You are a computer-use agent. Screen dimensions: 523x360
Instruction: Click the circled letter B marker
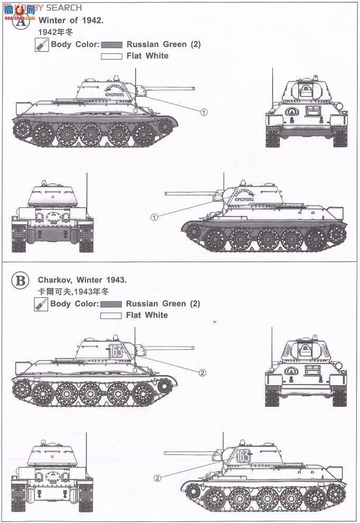(21, 281)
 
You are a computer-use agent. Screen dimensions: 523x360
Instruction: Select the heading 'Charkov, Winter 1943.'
(82, 280)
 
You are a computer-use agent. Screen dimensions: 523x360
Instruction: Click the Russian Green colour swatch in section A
(111, 45)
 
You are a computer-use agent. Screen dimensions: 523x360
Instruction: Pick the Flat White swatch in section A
(111, 56)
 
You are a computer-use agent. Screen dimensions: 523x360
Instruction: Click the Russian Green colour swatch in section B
(111, 304)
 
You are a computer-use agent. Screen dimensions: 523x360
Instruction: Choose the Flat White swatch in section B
(111, 315)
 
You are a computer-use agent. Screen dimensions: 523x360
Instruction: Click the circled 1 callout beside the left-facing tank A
(155, 217)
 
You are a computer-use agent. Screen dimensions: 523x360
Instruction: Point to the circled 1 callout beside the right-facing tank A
(204, 112)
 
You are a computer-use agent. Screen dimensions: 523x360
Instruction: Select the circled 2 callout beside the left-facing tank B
(157, 478)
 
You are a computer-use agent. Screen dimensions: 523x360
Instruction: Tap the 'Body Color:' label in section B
(74, 304)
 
